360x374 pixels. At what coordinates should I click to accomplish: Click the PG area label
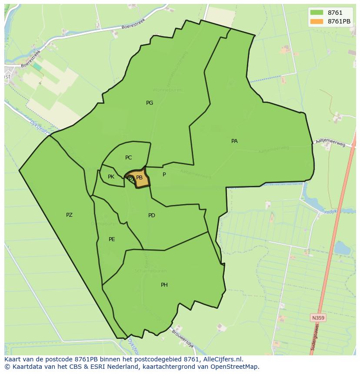coord(150,103)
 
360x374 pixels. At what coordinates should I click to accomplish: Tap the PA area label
coord(234,141)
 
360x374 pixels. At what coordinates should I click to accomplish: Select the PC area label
coord(128,158)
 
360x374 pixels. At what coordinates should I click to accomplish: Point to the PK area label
coord(111,177)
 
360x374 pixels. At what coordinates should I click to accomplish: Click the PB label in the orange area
coord(140,178)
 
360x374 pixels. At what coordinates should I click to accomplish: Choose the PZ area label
coord(69,215)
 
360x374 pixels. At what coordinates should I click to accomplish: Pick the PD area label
coord(152,215)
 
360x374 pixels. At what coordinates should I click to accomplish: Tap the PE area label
coord(112,239)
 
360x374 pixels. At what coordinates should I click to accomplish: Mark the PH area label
coord(164,285)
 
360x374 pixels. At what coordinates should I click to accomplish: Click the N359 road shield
coord(318,318)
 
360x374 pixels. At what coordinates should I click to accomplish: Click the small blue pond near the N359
coord(342,248)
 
